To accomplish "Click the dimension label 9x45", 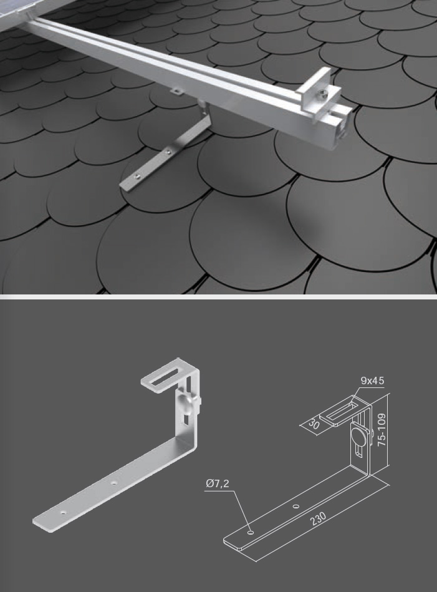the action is pos(372,381).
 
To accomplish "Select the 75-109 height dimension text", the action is pos(382,430).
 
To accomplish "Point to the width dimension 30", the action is pos(313,424).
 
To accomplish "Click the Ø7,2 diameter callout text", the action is pos(217,483).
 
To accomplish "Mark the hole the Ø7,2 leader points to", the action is pos(250,533).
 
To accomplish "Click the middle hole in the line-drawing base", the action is pos(296,507).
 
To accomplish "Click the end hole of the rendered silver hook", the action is pos(64,513).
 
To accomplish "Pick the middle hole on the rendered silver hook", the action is pos(113,482).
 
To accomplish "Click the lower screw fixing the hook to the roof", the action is pos(138,175).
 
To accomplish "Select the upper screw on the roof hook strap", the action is pos(168,153).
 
